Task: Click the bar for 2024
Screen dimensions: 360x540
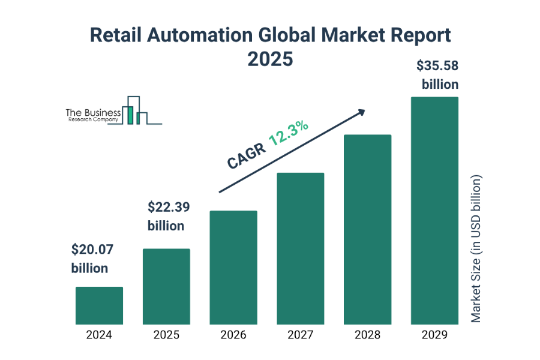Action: pos(99,305)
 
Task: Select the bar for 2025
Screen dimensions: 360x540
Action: pos(166,286)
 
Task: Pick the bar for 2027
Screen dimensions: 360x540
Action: pos(300,248)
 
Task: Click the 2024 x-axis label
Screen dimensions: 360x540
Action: pos(99,335)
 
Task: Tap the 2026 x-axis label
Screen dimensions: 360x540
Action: pos(233,335)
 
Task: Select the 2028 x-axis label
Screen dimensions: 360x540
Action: pos(367,335)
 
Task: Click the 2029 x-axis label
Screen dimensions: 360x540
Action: pos(434,335)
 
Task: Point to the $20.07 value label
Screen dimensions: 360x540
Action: pos(92,249)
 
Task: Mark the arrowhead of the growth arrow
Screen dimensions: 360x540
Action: pos(361,112)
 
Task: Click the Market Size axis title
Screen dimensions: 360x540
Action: pos(476,249)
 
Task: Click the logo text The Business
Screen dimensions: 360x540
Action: pos(94,112)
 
